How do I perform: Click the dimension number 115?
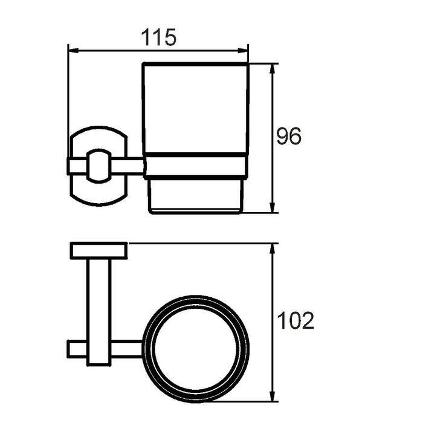click(159, 37)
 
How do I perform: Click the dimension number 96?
click(288, 137)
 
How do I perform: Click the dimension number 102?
click(295, 320)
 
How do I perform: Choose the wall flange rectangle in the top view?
click(98, 250)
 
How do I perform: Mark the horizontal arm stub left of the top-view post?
click(77, 349)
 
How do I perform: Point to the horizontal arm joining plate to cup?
click(128, 166)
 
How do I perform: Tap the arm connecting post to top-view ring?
click(128, 349)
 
